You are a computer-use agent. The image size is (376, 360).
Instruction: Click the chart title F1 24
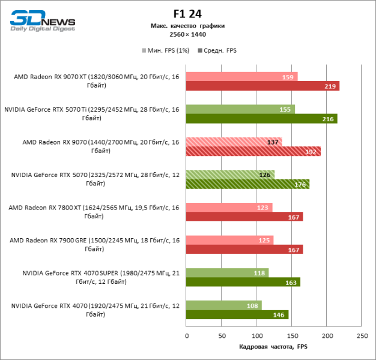[x=188, y=14]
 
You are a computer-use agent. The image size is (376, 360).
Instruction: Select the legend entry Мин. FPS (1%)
[x=165, y=50]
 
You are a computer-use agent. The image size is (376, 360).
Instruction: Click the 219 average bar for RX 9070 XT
[x=262, y=86]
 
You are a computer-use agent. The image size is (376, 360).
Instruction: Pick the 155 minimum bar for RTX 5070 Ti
[x=240, y=109]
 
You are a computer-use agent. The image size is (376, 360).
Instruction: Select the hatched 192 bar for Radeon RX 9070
[x=253, y=152]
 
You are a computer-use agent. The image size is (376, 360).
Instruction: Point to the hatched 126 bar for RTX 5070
[x=230, y=175]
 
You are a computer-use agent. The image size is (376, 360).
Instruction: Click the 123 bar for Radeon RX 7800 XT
[x=229, y=208]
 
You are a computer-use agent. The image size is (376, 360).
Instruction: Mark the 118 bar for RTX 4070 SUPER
[x=227, y=273]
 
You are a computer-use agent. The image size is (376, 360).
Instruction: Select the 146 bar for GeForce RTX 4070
[x=237, y=314]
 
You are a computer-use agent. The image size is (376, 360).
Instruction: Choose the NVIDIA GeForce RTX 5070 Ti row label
[x=91, y=113]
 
